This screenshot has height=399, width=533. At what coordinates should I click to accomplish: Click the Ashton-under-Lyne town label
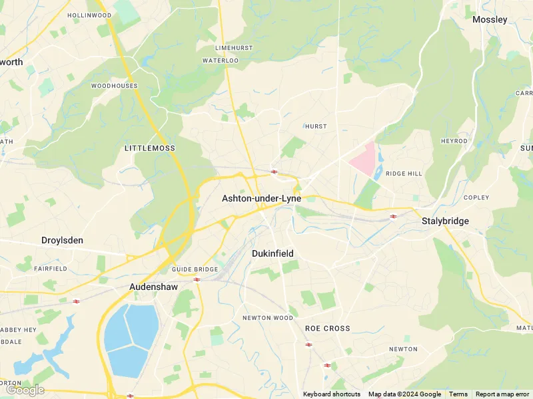pyautogui.click(x=261, y=199)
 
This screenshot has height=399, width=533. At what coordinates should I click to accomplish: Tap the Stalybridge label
pyautogui.click(x=445, y=221)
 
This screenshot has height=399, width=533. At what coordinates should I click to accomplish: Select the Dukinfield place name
pyautogui.click(x=272, y=253)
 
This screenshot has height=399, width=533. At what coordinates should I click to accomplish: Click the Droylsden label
pyautogui.click(x=62, y=240)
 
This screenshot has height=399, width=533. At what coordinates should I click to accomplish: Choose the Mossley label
pyautogui.click(x=490, y=20)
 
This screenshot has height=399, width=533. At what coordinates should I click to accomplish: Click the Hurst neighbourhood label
pyautogui.click(x=316, y=126)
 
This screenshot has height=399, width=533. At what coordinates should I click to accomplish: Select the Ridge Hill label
pyautogui.click(x=404, y=174)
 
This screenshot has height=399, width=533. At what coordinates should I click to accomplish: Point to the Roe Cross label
pyautogui.click(x=327, y=329)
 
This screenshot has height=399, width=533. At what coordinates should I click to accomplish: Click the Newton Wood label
pyautogui.click(x=267, y=318)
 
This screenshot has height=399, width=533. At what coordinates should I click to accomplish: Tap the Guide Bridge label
pyautogui.click(x=195, y=269)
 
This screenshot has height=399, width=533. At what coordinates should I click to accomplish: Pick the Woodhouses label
pyautogui.click(x=114, y=86)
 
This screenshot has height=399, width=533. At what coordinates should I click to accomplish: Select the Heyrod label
pyautogui.click(x=454, y=142)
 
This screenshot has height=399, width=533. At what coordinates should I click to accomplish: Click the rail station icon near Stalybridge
pyautogui.click(x=394, y=216)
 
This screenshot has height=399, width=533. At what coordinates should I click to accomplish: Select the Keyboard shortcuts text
pyautogui.click(x=332, y=394)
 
